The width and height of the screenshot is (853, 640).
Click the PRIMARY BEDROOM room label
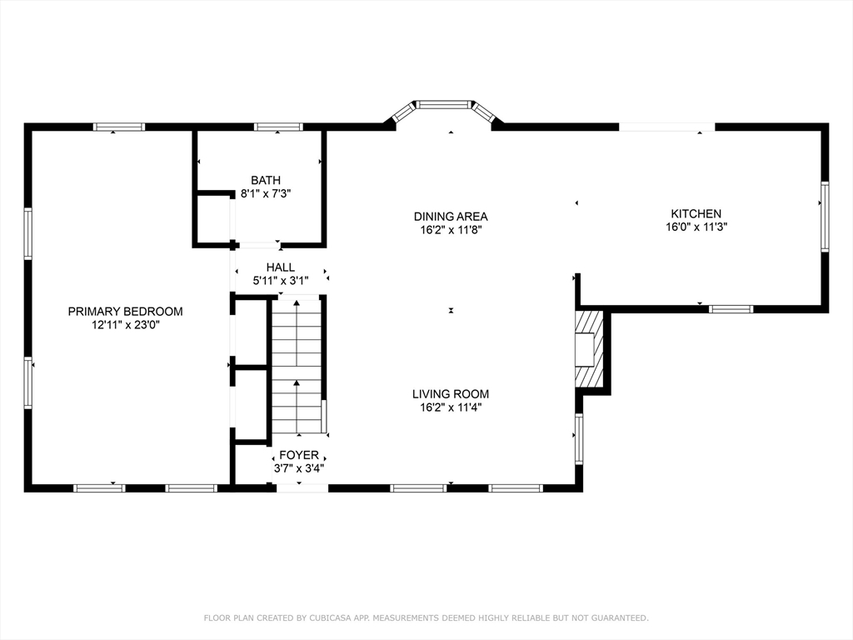tap(125, 312)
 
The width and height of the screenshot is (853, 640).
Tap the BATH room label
tap(266, 180)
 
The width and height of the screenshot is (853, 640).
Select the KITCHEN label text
tap(696, 214)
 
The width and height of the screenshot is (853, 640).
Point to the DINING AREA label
tap(451, 217)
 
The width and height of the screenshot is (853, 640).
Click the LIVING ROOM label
tap(451, 394)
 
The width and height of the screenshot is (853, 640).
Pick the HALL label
tap(281, 267)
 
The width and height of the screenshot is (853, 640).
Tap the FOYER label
tap(299, 455)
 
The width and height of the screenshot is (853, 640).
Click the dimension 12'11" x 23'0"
tap(125, 326)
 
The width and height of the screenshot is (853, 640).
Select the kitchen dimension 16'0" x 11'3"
tap(696, 227)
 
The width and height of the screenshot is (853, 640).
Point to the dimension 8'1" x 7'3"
tap(266, 193)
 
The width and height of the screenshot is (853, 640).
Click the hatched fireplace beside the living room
tap(590, 349)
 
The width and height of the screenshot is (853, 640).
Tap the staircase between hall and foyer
tap(297, 365)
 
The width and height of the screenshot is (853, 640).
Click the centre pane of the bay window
tap(444, 104)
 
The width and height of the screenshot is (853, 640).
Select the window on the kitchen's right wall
tap(825, 217)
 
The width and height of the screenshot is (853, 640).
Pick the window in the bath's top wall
tap(278, 127)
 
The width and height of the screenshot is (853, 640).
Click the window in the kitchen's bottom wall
tap(731, 309)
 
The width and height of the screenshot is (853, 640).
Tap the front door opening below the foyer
tap(302, 487)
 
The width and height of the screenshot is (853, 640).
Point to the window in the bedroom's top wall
tap(119, 127)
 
